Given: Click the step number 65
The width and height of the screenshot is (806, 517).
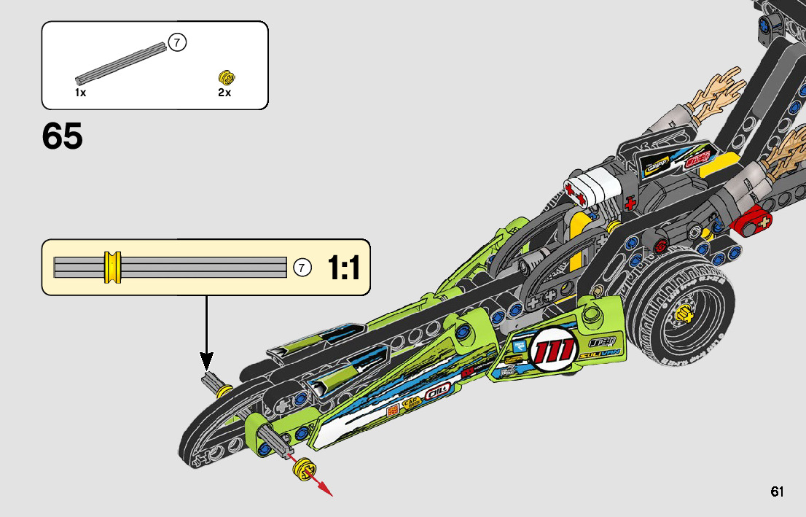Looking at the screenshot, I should [x=63, y=136].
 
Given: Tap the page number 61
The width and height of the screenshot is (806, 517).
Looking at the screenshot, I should [x=777, y=491].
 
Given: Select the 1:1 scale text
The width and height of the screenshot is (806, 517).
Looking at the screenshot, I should [x=344, y=268].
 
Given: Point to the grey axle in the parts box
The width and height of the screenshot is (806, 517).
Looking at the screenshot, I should [x=120, y=63].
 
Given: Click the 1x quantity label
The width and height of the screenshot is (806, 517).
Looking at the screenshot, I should [x=80, y=93].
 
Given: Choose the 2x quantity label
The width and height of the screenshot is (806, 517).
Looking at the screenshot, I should [x=224, y=93].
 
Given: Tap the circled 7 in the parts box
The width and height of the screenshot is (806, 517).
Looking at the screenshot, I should [x=177, y=43].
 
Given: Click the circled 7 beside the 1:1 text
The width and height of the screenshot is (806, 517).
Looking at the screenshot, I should [x=302, y=268].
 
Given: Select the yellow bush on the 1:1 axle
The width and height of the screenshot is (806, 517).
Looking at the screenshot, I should [x=112, y=267].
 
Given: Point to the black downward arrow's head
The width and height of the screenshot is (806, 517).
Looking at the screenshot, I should [x=207, y=361].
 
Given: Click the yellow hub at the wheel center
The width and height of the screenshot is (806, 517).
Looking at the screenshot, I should [x=683, y=314].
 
